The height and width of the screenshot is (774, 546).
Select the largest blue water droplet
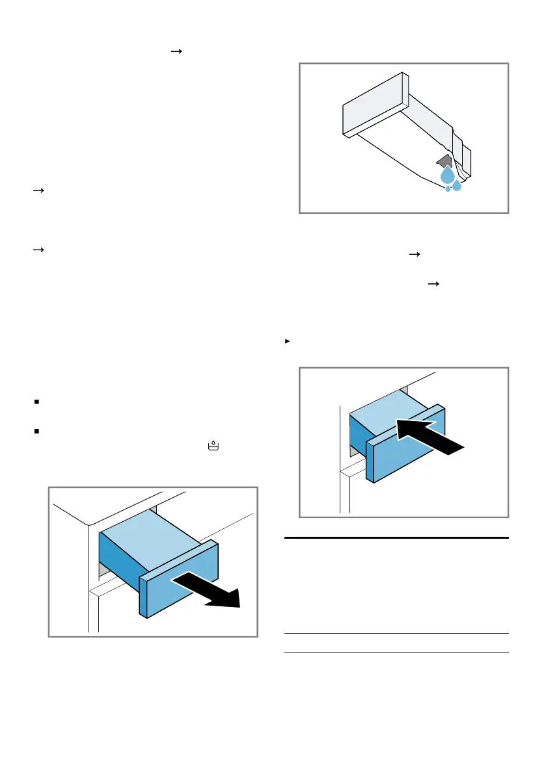tap(447, 175)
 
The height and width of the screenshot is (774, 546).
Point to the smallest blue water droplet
tap(448, 189)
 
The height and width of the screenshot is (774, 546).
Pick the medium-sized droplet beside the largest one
tap(457, 186)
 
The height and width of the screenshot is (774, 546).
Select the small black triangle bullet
tap(287, 340)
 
